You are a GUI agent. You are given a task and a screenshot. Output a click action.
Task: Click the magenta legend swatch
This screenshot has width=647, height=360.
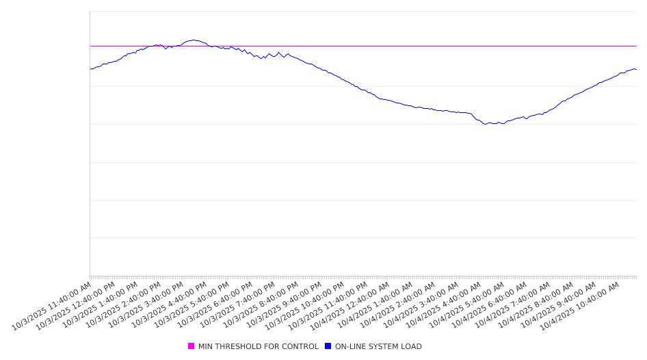click(192, 346)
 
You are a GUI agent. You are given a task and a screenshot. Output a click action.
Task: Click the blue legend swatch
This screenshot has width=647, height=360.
click(328, 346)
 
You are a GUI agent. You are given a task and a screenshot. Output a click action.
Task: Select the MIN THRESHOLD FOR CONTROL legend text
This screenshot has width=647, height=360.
click(258, 346)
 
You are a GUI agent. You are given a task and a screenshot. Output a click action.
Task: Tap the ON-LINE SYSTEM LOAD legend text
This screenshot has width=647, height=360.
click(378, 346)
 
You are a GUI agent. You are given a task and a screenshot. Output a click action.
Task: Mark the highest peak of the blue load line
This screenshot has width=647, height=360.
click(194, 40)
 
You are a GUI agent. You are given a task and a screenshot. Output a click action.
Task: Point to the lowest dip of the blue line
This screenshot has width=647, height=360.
click(484, 124)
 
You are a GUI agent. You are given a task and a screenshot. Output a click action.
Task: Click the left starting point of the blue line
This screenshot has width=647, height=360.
click(90, 69)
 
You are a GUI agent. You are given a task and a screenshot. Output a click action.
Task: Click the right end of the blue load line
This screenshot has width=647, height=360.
click(636, 69)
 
